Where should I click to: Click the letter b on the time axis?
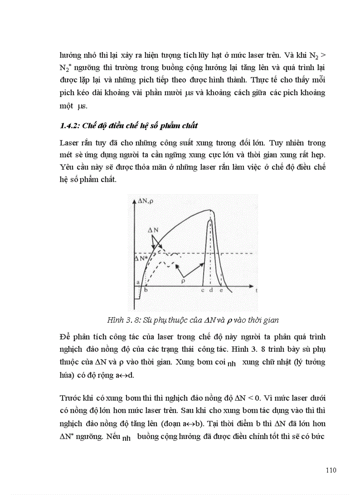coord(146,290)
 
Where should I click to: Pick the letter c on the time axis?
coord(202,290)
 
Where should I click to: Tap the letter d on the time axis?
coord(211,290)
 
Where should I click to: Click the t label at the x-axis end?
coord(256,291)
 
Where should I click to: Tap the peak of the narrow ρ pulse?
coord(210,219)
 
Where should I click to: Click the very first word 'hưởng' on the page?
coord(71,56)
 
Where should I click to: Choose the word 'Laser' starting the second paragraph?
coord(68,143)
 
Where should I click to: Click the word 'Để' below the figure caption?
coord(64,337)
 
